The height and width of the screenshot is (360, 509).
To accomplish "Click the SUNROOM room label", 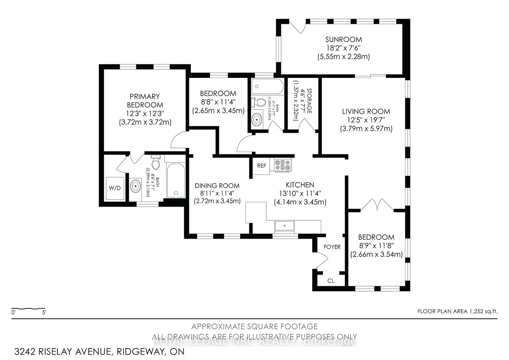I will point(343,39).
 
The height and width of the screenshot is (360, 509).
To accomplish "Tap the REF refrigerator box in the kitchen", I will point(261,166).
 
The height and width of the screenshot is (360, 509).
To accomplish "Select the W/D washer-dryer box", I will point(115,188).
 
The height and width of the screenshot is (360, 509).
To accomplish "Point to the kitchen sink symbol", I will point(285,226).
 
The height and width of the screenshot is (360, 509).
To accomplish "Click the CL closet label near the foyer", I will point(331,281).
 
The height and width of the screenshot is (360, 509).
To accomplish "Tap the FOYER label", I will point(332,247).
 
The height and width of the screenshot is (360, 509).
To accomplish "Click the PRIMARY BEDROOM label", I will point(145,101).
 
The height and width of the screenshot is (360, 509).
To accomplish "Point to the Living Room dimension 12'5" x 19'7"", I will point(366,120).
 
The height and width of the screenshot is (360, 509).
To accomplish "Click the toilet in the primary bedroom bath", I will point(156,163).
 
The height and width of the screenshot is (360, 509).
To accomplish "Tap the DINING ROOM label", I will point(217,186).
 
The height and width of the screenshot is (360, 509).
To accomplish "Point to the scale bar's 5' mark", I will point(44,312).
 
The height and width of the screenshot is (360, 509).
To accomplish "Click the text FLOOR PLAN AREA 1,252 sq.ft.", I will point(457,312).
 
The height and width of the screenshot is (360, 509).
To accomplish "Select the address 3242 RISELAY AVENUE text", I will point(62,352).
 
